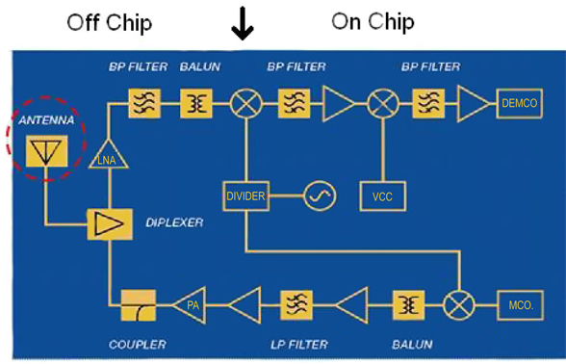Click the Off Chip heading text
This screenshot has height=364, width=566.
point(111,22)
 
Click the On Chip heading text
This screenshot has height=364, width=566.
point(373,21)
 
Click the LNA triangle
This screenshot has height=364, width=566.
point(107,153)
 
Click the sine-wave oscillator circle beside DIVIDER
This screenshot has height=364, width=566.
point(319,196)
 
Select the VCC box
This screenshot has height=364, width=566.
point(383,196)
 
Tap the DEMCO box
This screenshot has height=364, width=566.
point(519,103)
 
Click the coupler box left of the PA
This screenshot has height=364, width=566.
point(139,305)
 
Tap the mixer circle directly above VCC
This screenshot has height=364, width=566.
point(383,103)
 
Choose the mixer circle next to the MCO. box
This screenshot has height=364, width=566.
point(459,305)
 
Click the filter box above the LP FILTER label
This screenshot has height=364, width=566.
point(296,305)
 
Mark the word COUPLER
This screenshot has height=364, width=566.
point(137,344)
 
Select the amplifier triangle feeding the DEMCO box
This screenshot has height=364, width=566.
point(473,103)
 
